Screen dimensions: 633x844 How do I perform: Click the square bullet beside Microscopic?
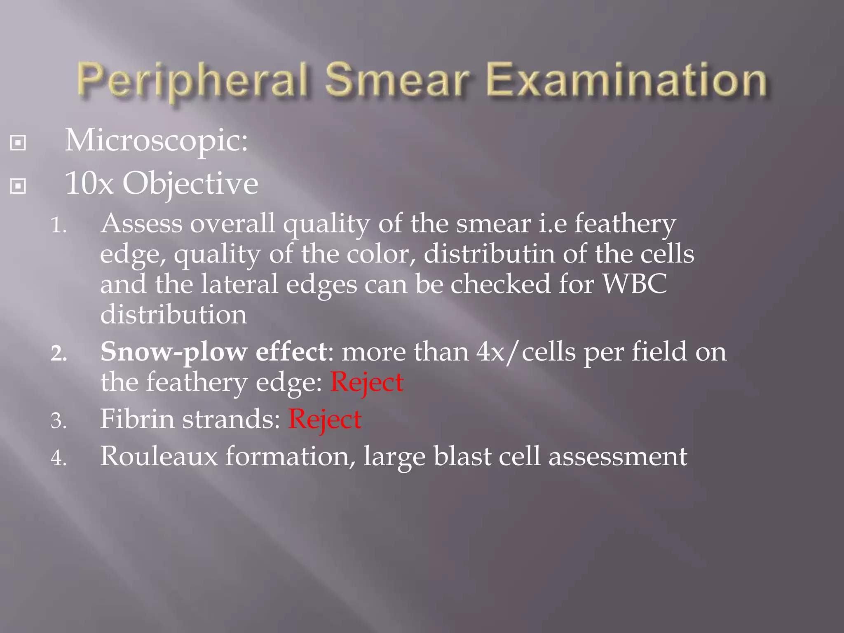[18, 143]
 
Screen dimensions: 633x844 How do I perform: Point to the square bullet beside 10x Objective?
[18, 186]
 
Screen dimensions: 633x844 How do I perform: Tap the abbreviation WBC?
[635, 284]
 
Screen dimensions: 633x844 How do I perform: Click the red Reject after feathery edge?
[367, 382]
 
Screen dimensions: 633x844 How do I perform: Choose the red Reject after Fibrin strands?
[325, 420]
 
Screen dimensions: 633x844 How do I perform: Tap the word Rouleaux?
[159, 457]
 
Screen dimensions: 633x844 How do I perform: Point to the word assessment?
[618, 457]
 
